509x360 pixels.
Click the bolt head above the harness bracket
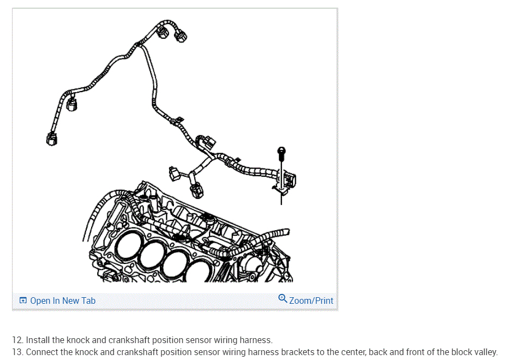pos(282,151)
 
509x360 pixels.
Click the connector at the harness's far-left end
pos(51,138)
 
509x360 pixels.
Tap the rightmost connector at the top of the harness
pos(180,36)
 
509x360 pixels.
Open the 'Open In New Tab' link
pos(63,301)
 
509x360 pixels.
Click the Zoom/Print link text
pos(311,301)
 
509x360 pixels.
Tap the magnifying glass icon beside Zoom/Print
pos(283,298)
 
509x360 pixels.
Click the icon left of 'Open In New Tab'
pos(23,301)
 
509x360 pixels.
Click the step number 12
pos(17,340)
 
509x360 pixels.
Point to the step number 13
pos(17,352)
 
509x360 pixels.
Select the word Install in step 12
pos(38,340)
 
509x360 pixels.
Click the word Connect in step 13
pos(42,352)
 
